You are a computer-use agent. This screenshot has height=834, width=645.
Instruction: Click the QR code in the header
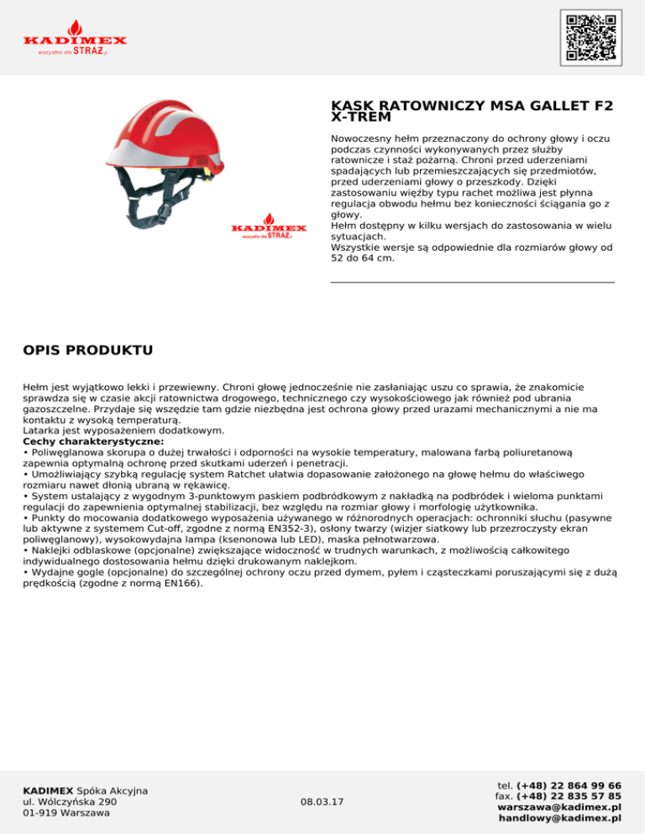[590, 38]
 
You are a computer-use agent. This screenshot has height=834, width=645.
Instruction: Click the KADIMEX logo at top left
[75, 39]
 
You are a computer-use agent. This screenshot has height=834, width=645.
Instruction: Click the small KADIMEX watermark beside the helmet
[269, 230]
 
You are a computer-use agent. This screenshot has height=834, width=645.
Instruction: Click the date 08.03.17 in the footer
[322, 802]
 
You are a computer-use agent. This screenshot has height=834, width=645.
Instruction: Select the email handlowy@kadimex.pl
[559, 818]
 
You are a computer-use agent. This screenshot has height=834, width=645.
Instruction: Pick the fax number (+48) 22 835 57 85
[569, 796]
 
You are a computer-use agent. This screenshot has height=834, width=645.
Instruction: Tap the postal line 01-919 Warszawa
[68, 813]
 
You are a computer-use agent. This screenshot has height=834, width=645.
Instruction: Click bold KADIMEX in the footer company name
[49, 791]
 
